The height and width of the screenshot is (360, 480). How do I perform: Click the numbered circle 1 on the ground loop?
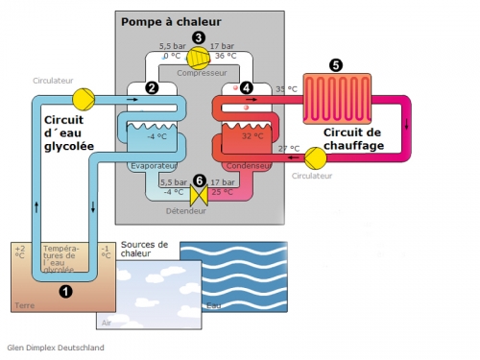(x=65, y=290)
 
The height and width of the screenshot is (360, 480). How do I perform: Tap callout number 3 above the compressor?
(x=199, y=37)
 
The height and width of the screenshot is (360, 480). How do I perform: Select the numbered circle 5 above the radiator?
(x=335, y=65)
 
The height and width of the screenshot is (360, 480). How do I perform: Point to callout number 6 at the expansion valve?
(x=199, y=180)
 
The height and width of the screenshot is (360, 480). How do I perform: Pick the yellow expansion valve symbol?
(x=199, y=195)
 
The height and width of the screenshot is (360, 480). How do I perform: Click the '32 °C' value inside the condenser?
(x=253, y=136)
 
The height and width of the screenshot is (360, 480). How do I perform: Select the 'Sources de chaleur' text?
(x=145, y=249)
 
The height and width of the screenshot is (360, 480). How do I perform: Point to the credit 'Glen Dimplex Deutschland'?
(x=55, y=348)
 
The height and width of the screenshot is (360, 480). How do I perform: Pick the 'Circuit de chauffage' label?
(x=353, y=138)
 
